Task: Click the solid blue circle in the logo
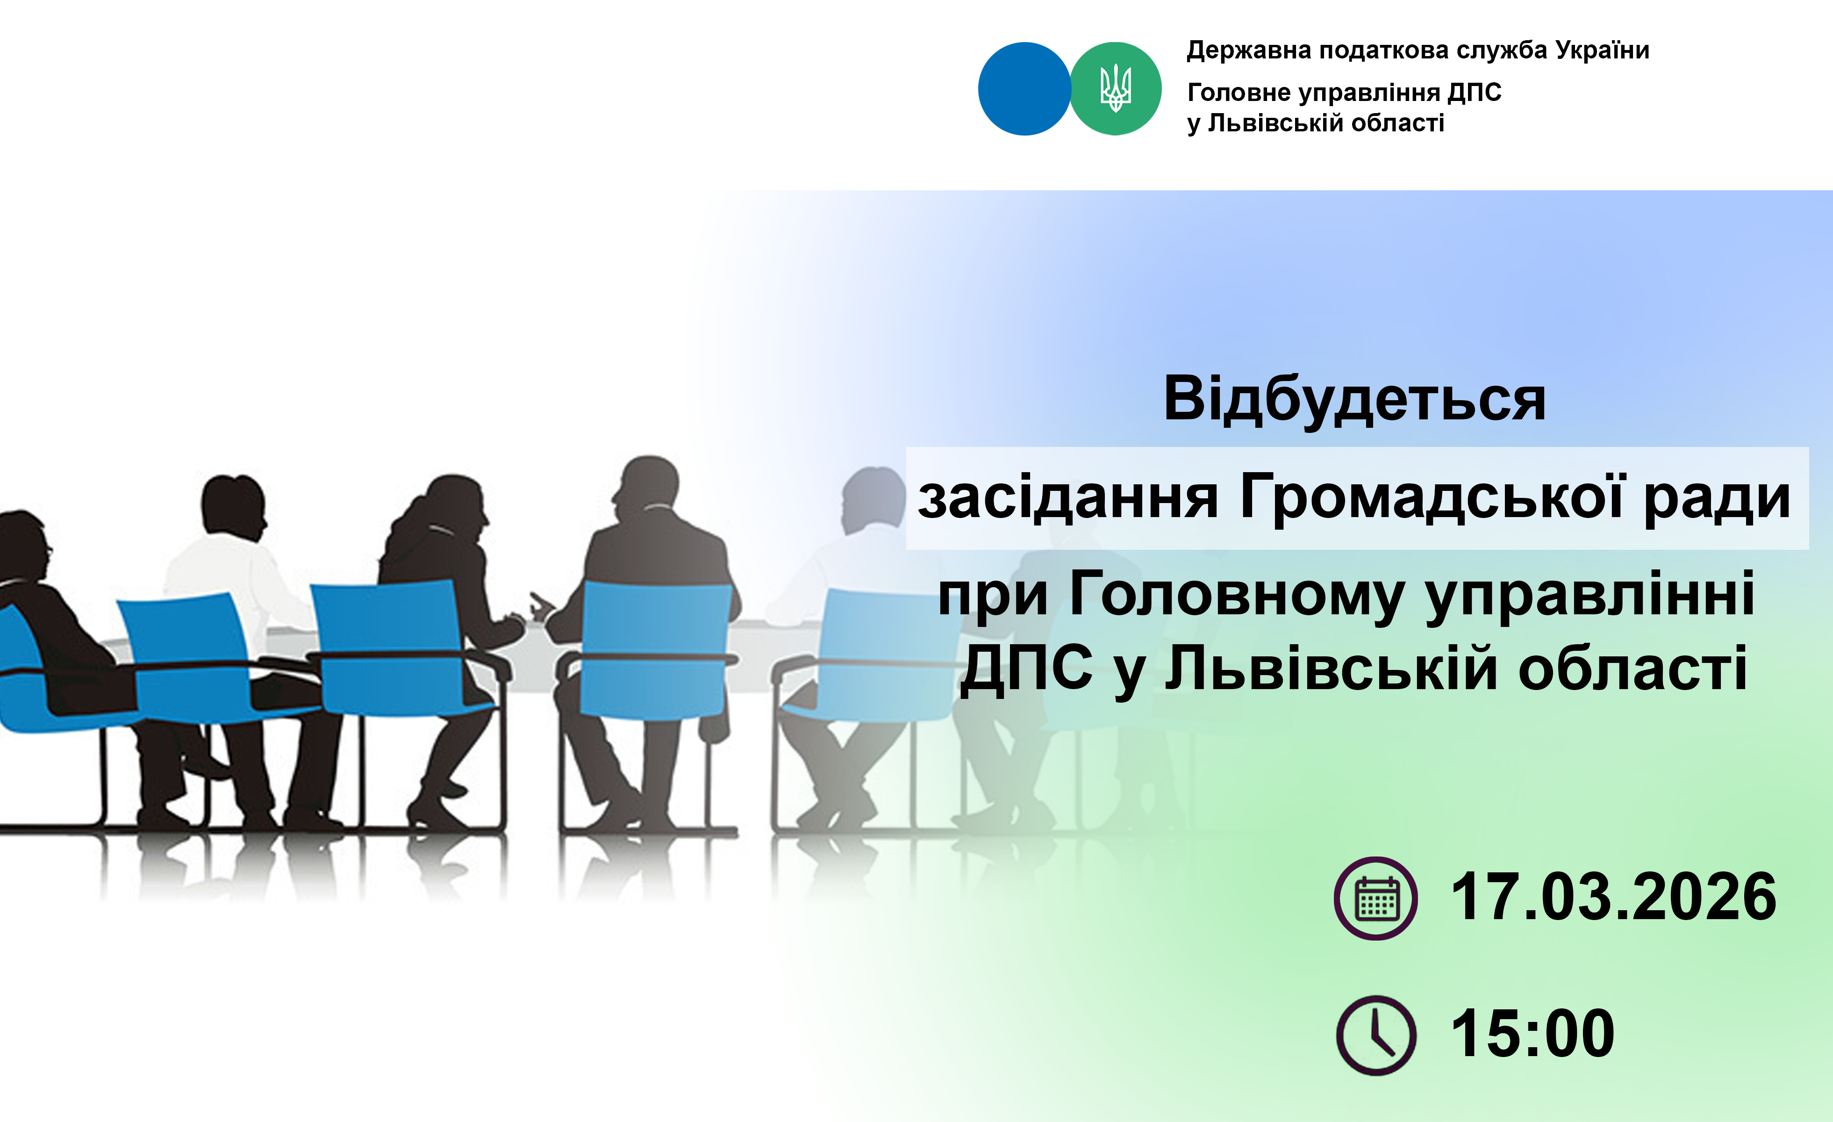[x=1024, y=88]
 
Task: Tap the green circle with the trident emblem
[x=1115, y=88]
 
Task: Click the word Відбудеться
[x=1355, y=400]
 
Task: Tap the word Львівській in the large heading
[x=1332, y=669]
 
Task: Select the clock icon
[x=1376, y=1035]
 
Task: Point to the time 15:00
[x=1532, y=1034]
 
